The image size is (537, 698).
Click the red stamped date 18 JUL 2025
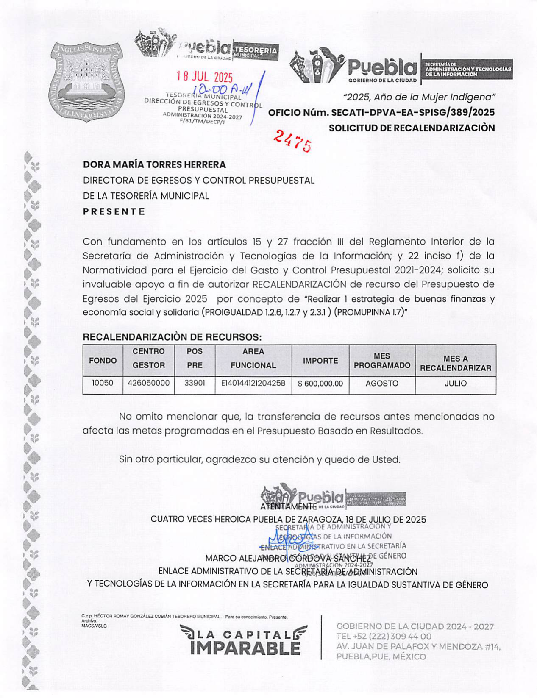click(205, 77)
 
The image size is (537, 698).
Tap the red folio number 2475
click(292, 140)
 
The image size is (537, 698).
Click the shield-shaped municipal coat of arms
click(86, 81)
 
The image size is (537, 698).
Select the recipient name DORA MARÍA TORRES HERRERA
click(154, 164)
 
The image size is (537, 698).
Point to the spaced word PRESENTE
click(114, 211)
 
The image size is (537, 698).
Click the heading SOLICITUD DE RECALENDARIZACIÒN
click(412, 128)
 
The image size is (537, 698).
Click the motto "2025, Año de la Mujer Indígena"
click(419, 97)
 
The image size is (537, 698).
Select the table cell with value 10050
click(103, 383)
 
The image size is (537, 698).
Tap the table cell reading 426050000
click(148, 383)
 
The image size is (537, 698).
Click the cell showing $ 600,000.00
click(320, 384)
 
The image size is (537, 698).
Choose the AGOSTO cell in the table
click(382, 384)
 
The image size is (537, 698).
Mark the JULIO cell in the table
click(455, 384)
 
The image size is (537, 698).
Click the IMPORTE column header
click(320, 361)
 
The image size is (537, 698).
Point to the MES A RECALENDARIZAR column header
click(455, 363)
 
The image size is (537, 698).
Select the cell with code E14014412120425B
click(253, 384)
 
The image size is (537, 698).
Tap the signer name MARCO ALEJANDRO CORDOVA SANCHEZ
click(288, 558)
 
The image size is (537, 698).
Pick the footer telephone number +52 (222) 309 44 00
click(384, 636)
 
